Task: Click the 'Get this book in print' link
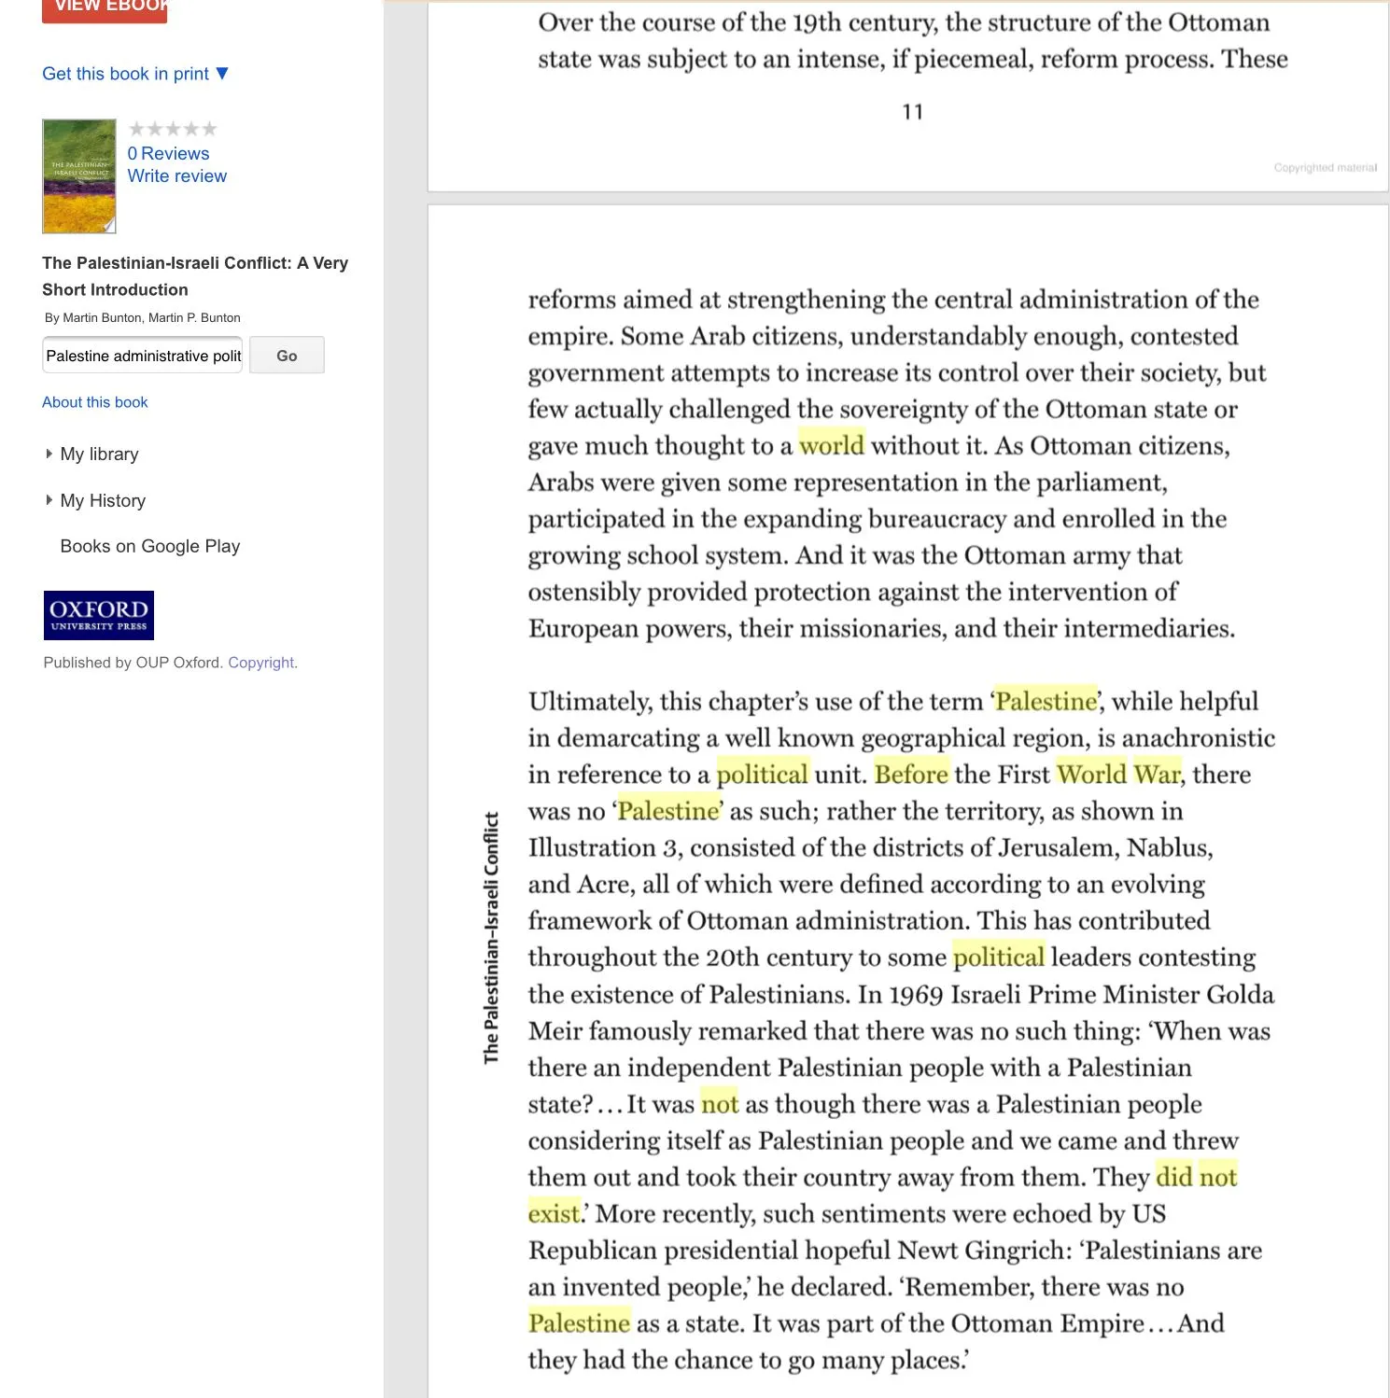pos(126,74)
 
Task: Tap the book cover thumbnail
pos(79,176)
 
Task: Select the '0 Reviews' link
pos(168,153)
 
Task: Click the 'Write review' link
pos(176,176)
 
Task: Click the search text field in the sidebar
pos(143,356)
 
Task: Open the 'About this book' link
pos(95,402)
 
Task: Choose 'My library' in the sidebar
pos(99,454)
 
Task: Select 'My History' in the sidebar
pos(103,501)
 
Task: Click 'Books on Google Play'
pos(150,546)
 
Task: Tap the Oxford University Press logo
pos(99,616)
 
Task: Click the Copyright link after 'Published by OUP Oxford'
pos(262,663)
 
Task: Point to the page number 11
pos(913,112)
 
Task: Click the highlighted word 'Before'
pos(911,775)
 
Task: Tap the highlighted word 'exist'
pos(555,1214)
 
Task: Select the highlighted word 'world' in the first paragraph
pos(832,445)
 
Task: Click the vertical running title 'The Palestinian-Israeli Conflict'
pos(491,938)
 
